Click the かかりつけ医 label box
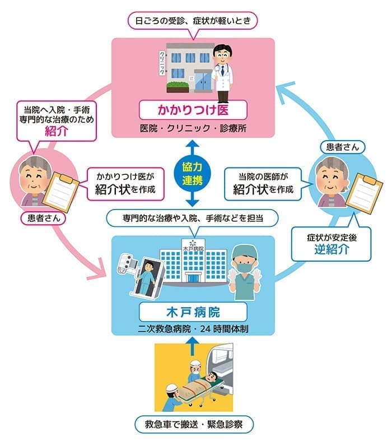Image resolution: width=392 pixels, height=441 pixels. (x=193, y=108)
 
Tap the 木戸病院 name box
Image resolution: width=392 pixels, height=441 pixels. (x=193, y=311)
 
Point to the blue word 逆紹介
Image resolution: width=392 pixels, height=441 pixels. (x=332, y=248)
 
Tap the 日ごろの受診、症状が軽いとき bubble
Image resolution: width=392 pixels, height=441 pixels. (x=193, y=21)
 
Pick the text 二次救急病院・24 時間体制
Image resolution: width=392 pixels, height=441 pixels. (x=193, y=328)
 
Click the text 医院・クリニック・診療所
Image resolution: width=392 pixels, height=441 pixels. (x=193, y=128)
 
